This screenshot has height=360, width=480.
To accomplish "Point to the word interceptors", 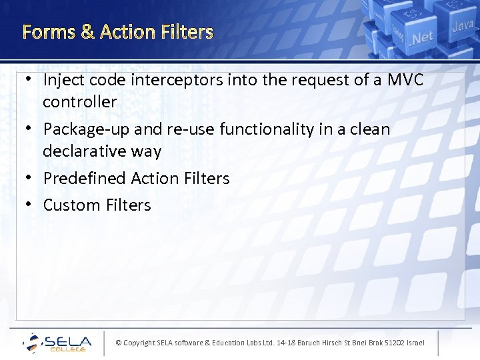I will click(x=172, y=80).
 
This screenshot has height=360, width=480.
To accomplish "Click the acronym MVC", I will click(x=405, y=80).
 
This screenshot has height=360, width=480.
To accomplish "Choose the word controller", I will click(x=79, y=102).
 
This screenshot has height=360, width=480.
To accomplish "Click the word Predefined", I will click(x=85, y=179).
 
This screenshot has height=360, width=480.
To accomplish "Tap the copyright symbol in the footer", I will click(x=119, y=343).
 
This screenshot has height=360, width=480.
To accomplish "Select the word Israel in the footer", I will click(x=415, y=343).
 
